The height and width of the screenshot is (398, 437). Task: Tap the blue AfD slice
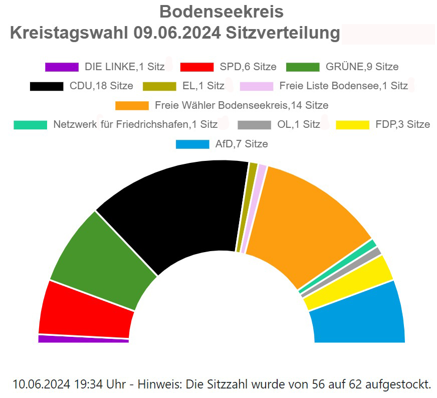(358, 316)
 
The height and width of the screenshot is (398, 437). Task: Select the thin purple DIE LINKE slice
(83, 339)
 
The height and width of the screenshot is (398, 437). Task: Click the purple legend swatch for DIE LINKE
(62, 67)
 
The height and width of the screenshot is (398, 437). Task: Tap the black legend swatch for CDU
(47, 86)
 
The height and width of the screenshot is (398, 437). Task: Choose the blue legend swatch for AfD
(192, 144)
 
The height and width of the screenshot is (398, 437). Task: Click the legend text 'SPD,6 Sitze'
(248, 67)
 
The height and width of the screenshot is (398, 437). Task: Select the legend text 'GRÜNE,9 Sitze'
(362, 67)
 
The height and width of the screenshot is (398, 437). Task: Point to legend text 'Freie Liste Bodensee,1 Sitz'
(343, 86)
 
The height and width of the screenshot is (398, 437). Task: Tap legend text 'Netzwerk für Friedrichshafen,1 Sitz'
(135, 124)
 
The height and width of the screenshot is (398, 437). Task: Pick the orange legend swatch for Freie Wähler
(132, 105)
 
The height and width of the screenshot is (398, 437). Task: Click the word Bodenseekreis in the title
(221, 12)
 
